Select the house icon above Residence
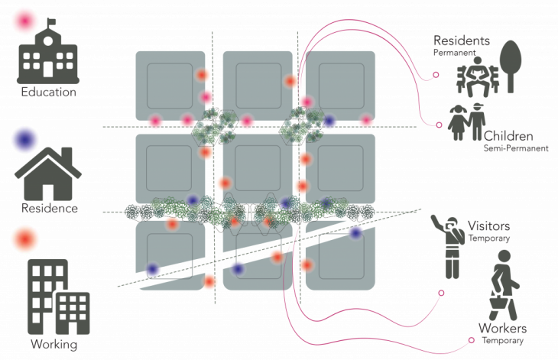tap(47, 174)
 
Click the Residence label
tap(47, 208)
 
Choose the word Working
tap(54, 344)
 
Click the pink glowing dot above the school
tap(25, 21)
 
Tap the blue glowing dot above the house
tap(25, 141)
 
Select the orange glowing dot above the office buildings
tap(25, 238)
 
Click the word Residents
tap(461, 41)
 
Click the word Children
tap(508, 136)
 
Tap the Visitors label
tap(488, 226)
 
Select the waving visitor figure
tap(450, 245)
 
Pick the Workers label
tap(502, 329)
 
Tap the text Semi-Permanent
tap(516, 149)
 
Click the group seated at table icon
tap(476, 77)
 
